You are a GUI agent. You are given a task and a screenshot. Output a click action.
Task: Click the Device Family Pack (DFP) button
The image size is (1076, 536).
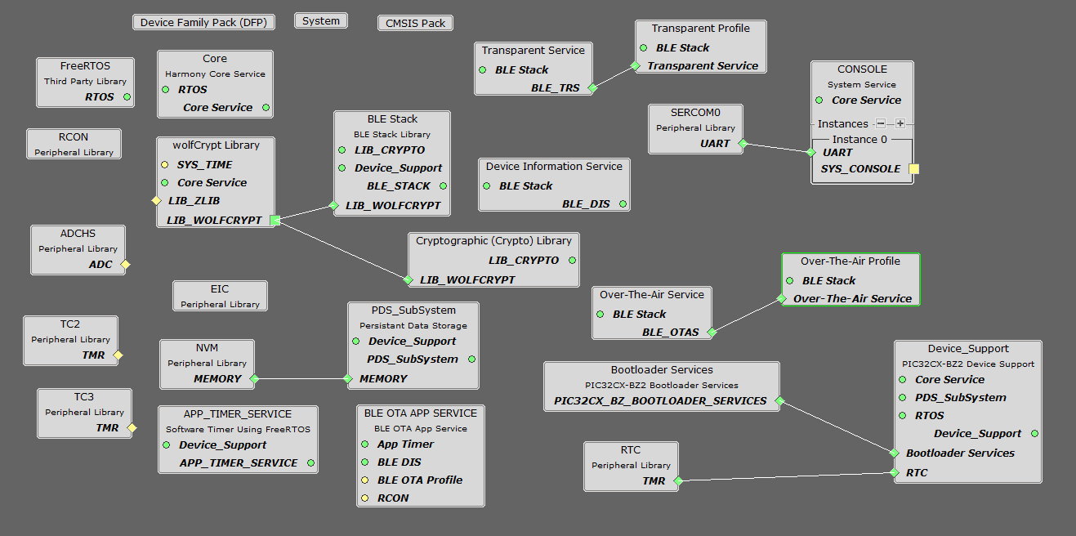point(203,22)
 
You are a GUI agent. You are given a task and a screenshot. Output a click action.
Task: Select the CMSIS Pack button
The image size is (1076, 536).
point(415,23)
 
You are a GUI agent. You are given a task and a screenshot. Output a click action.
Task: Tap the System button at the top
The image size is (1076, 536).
point(320,21)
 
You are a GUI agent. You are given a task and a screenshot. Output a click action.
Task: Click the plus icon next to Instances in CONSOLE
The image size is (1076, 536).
point(900,124)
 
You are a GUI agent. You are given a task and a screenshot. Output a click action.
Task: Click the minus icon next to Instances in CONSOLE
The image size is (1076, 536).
point(881,124)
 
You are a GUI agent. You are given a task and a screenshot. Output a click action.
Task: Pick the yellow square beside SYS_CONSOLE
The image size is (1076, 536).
point(913,169)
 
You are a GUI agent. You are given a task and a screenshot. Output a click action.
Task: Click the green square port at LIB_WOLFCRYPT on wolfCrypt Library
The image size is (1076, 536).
point(275,220)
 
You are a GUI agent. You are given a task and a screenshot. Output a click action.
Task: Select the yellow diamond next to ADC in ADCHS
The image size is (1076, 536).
point(125,265)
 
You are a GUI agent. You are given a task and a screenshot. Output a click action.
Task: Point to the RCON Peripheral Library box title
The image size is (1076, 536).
point(74,137)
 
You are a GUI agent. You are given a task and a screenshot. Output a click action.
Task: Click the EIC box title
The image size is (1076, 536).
point(220,289)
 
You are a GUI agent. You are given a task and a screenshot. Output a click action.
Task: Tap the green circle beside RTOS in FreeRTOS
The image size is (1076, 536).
point(127,97)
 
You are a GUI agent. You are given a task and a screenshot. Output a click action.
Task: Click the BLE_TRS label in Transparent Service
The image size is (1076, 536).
point(555,88)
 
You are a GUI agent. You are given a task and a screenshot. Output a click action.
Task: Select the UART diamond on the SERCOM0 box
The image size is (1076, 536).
point(742,144)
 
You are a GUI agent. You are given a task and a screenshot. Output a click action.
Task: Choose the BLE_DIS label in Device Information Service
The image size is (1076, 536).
point(586,204)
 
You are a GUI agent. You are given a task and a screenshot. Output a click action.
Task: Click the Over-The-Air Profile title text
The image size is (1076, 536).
point(850,261)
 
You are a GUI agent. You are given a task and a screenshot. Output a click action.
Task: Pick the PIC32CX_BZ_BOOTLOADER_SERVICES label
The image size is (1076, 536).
point(660,401)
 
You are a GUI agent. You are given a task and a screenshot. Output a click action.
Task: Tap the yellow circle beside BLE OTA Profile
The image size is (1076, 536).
point(365,480)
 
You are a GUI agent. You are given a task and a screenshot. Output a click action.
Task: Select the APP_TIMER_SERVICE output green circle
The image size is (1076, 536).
point(310,463)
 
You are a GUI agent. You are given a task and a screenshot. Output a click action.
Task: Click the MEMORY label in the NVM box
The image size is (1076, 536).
point(217,379)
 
